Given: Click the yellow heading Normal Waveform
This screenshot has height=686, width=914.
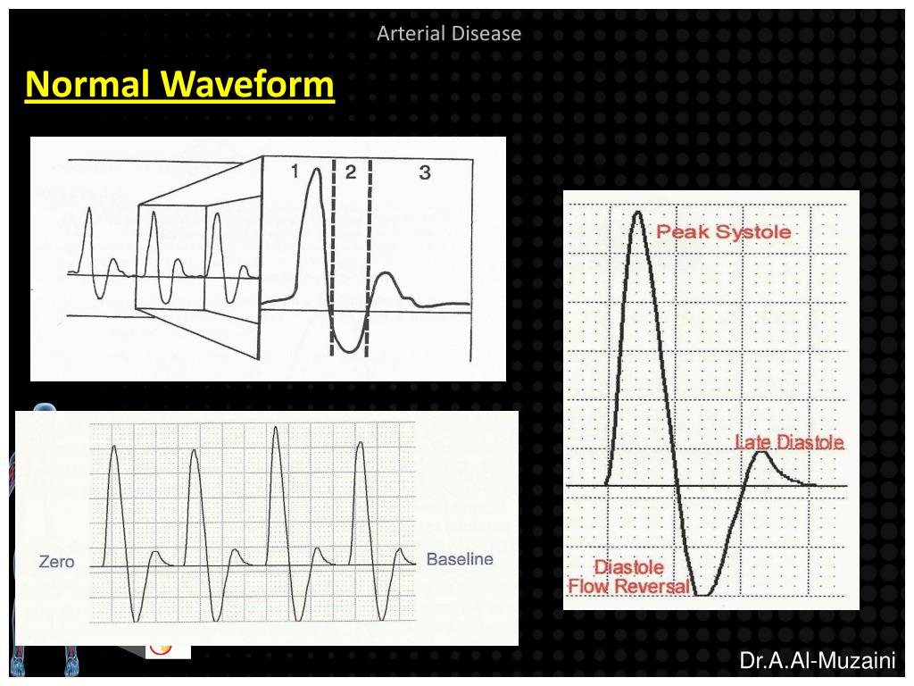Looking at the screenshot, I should click(x=179, y=86).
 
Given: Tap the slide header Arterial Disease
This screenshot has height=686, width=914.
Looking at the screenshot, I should click(x=448, y=34).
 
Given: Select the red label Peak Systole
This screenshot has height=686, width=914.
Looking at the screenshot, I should click(x=723, y=232).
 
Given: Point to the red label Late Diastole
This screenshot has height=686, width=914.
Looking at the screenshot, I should click(x=789, y=442).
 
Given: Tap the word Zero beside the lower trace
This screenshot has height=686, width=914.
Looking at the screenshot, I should click(x=56, y=562).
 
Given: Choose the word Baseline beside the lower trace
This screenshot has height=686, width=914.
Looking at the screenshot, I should click(x=460, y=560).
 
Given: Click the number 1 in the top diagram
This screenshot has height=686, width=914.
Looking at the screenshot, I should click(x=294, y=172).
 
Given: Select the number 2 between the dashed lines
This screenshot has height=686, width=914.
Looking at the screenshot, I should click(x=351, y=172).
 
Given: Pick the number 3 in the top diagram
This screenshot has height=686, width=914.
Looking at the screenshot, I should click(x=425, y=172).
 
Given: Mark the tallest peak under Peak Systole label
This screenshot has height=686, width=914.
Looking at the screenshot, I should click(x=637, y=214).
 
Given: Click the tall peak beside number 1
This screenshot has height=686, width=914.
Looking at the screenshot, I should click(x=314, y=171).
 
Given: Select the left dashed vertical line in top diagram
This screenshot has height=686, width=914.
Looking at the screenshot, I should click(x=333, y=259).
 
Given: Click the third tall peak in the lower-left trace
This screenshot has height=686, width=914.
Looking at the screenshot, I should click(x=277, y=429).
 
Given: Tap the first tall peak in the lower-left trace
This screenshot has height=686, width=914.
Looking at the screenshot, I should click(x=113, y=447).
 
